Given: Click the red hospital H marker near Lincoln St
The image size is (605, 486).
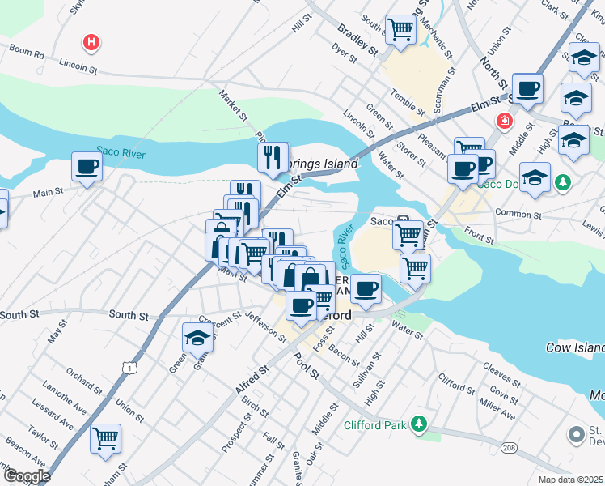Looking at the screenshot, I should pyautogui.click(x=92, y=41).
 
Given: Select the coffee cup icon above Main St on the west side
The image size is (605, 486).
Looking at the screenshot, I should pyautogui.click(x=87, y=168).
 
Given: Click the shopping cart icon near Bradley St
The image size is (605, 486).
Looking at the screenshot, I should pyautogui.click(x=400, y=30).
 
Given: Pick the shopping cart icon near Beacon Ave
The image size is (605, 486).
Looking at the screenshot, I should pyautogui.click(x=105, y=439).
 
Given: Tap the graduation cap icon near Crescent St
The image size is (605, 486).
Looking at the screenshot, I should pyautogui.click(x=197, y=337).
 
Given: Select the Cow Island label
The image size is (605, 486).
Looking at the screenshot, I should pyautogui.click(x=574, y=347).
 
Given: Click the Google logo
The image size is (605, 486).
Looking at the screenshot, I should pyautogui.click(x=27, y=476).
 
